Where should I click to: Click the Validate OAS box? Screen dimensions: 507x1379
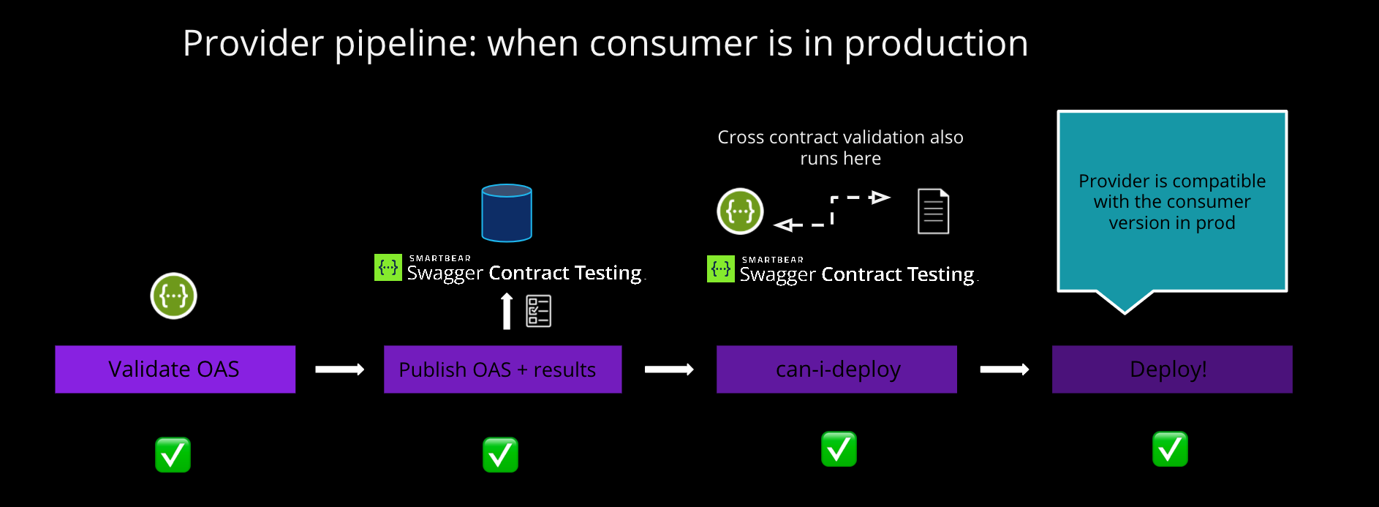point(175,369)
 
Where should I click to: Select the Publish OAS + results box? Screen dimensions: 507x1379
point(502,369)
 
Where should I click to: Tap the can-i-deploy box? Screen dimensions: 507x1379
point(836,369)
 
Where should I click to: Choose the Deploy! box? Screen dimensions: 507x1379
point(1171,369)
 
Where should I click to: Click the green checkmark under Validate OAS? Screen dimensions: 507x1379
point(173,455)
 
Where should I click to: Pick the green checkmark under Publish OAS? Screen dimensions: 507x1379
point(500,455)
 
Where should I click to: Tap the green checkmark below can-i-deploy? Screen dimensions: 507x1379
point(839,449)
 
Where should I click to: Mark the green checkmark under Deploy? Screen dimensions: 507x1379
point(1170,449)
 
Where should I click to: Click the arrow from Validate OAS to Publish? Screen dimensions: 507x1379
point(339,369)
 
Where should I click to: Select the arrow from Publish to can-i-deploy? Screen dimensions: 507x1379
point(668,369)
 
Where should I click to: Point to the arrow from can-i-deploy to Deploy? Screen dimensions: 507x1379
point(1004,369)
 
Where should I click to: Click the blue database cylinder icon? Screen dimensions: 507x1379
point(507,213)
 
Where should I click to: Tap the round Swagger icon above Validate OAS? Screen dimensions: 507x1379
point(173,296)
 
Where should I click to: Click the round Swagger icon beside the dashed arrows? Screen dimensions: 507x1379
point(740,211)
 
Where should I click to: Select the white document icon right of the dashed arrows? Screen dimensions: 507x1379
point(933,211)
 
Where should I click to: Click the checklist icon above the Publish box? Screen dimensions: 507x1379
point(539,311)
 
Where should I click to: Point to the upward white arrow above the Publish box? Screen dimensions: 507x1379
point(507,311)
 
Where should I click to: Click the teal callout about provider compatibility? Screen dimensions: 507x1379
point(1171,201)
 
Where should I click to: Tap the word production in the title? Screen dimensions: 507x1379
point(936,44)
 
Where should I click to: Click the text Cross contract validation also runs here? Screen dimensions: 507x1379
point(840,147)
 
